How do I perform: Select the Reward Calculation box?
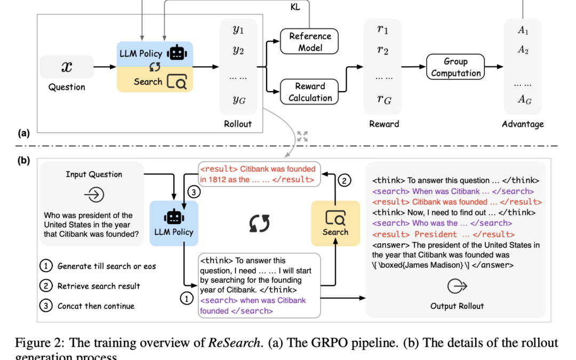pos(310,92)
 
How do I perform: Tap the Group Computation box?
pos(455,67)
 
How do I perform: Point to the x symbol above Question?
pos(67,67)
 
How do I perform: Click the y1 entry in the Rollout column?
pos(238,29)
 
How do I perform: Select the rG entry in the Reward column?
pos(383,99)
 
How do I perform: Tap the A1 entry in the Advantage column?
pos(523,31)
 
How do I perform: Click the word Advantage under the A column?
pos(523,124)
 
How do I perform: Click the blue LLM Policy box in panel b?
pos(173,223)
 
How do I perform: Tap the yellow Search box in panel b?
pos(335,223)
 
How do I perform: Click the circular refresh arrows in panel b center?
pos(260,223)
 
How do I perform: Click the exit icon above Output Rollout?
pos(456,287)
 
